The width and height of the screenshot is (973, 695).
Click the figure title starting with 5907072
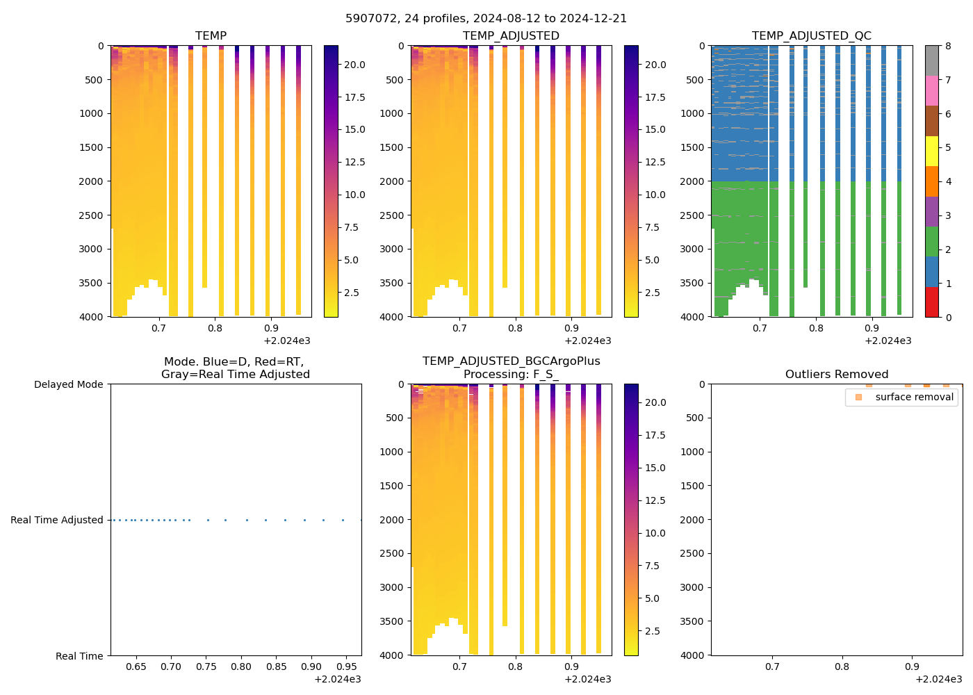pos(486,19)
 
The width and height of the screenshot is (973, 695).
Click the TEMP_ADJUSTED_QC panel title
pos(811,36)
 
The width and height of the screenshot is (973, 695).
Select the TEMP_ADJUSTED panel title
pos(511,36)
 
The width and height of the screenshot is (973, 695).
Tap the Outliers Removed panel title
pos(836,375)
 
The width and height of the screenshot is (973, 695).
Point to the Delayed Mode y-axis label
pos(68,384)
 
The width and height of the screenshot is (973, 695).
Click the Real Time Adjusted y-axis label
pos(57,520)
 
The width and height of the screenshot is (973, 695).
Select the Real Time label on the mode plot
pos(79,656)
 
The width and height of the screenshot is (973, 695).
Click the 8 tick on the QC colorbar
pos(948,46)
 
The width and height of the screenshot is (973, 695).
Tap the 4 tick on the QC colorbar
pos(948,181)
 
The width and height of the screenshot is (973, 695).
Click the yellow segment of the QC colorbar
pos(932,151)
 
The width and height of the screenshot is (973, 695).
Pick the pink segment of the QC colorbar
pos(932,90)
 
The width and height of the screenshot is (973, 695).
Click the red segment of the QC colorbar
pos(932,302)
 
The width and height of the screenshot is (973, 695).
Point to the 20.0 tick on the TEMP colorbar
pos(354,65)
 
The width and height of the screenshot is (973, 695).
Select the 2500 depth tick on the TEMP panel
pos(91,215)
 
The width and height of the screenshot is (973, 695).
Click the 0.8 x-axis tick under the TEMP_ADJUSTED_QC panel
pos(816,327)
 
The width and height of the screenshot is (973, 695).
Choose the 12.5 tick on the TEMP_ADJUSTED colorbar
pos(655,162)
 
